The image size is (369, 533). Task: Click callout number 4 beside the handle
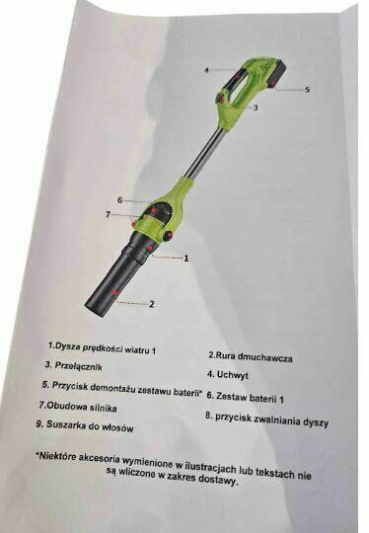point(206,70)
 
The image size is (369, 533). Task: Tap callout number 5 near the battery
point(307,90)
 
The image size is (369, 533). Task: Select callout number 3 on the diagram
point(256,108)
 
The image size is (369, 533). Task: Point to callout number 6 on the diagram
point(119,200)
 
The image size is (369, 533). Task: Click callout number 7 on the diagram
point(109,214)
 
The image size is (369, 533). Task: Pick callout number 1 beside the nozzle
point(185,259)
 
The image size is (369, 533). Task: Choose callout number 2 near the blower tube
point(152,304)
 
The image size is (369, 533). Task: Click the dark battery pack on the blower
point(278,74)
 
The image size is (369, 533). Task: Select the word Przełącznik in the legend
point(79,366)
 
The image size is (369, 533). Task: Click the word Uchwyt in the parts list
point(233,375)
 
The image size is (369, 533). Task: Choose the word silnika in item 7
point(103,408)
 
